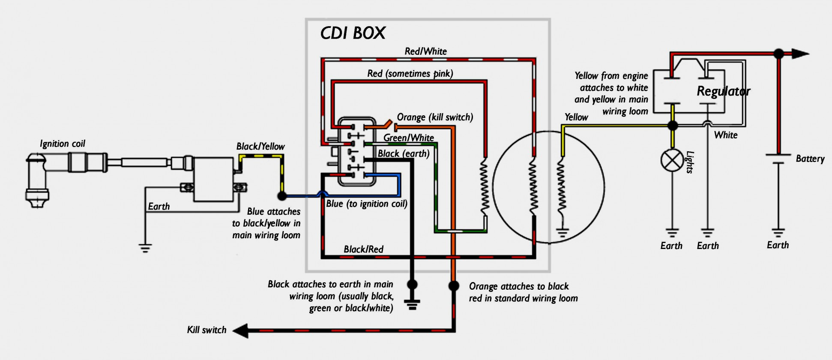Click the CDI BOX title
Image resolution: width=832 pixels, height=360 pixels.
coord(353,33)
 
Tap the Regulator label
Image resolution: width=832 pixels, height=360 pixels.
coord(723,91)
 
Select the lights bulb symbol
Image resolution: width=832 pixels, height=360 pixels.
coord(673,160)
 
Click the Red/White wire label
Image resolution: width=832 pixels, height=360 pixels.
coord(425,51)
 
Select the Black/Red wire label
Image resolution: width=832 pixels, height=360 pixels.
coord(363,249)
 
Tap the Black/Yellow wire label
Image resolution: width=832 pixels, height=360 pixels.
coord(260,147)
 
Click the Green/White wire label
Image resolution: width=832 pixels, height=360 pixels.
coord(408,138)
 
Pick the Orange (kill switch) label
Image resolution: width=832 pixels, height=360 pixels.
coord(435,117)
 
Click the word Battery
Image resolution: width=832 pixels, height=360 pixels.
coord(810,159)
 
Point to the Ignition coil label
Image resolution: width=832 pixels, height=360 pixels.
coord(63,144)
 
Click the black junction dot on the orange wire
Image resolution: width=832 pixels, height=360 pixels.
coord(453,285)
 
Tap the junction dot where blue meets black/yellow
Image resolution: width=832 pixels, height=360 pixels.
coord(282,196)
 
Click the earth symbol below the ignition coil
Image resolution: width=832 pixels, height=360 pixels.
coord(145,248)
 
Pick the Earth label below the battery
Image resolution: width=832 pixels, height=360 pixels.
coord(778,245)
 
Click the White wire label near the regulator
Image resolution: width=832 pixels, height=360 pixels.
coord(726,135)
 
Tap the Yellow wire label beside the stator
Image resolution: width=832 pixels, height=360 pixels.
coord(576,117)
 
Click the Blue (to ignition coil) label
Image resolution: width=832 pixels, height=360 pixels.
coord(366,204)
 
